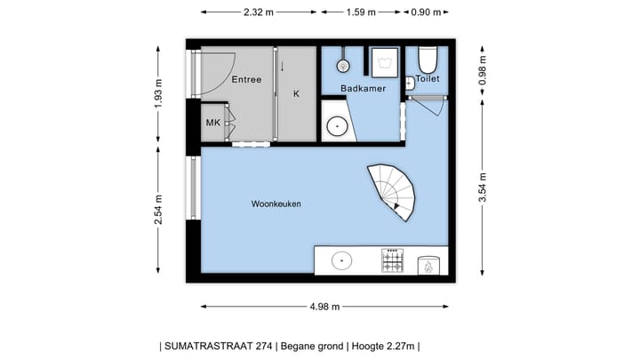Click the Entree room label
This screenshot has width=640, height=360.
click(x=246, y=80)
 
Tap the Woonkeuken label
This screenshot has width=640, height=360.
click(x=276, y=204)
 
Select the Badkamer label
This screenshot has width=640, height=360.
click(x=362, y=88)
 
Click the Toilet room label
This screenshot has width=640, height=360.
click(x=427, y=78)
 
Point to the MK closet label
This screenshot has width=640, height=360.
click(x=213, y=123)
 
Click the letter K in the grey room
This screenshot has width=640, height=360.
click(x=296, y=92)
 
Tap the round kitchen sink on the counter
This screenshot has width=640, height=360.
click(x=341, y=260)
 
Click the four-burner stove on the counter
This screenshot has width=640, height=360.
click(x=392, y=260)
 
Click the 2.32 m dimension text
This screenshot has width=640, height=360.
click(x=258, y=12)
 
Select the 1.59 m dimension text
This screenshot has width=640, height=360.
click(x=360, y=12)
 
